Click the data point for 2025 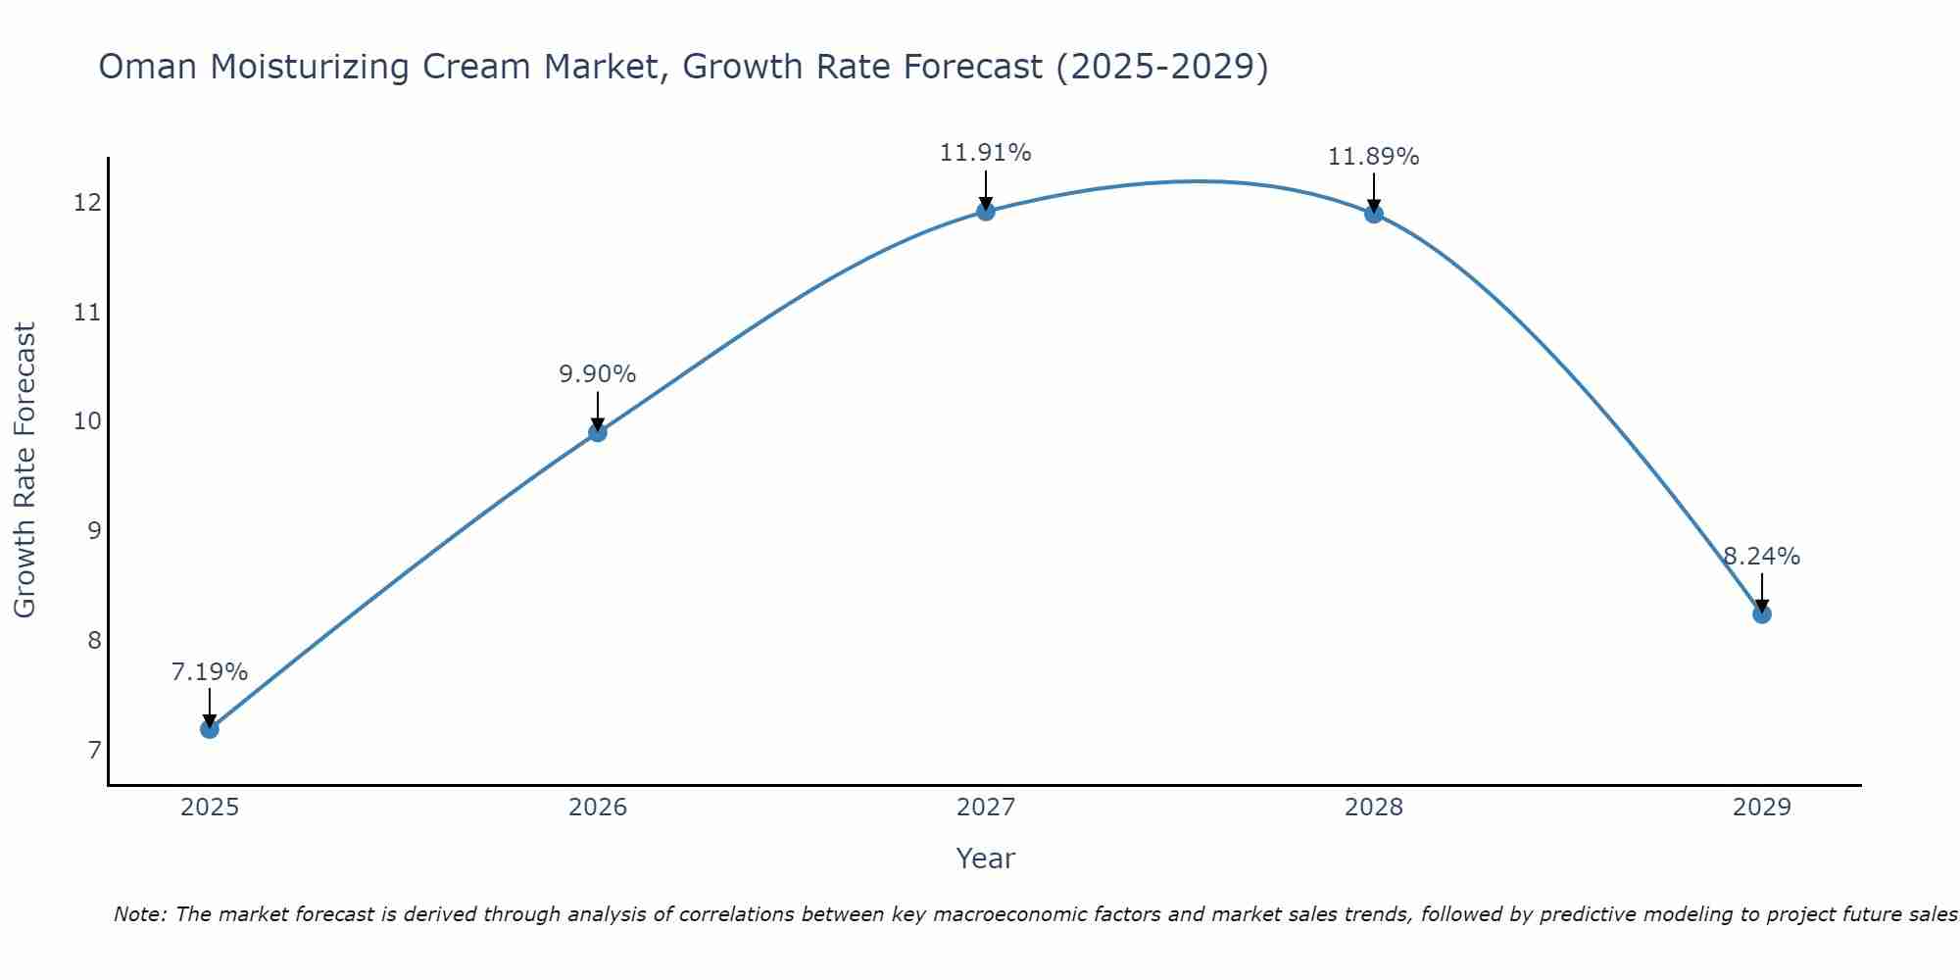[x=209, y=729]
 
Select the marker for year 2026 [x=598, y=432]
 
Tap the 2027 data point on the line [x=986, y=211]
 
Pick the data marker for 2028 [x=1374, y=214]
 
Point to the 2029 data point [x=1761, y=614]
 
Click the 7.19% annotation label [x=209, y=672]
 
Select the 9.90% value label [x=598, y=374]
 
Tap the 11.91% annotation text [x=985, y=153]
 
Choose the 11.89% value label [x=1373, y=157]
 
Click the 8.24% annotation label [x=1761, y=557]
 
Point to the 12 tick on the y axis [x=87, y=203]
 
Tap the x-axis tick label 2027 [x=986, y=808]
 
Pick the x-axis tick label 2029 [x=1761, y=808]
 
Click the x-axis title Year [x=985, y=858]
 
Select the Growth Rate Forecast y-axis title [x=25, y=470]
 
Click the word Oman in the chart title [x=147, y=67]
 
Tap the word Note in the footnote [x=139, y=914]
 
